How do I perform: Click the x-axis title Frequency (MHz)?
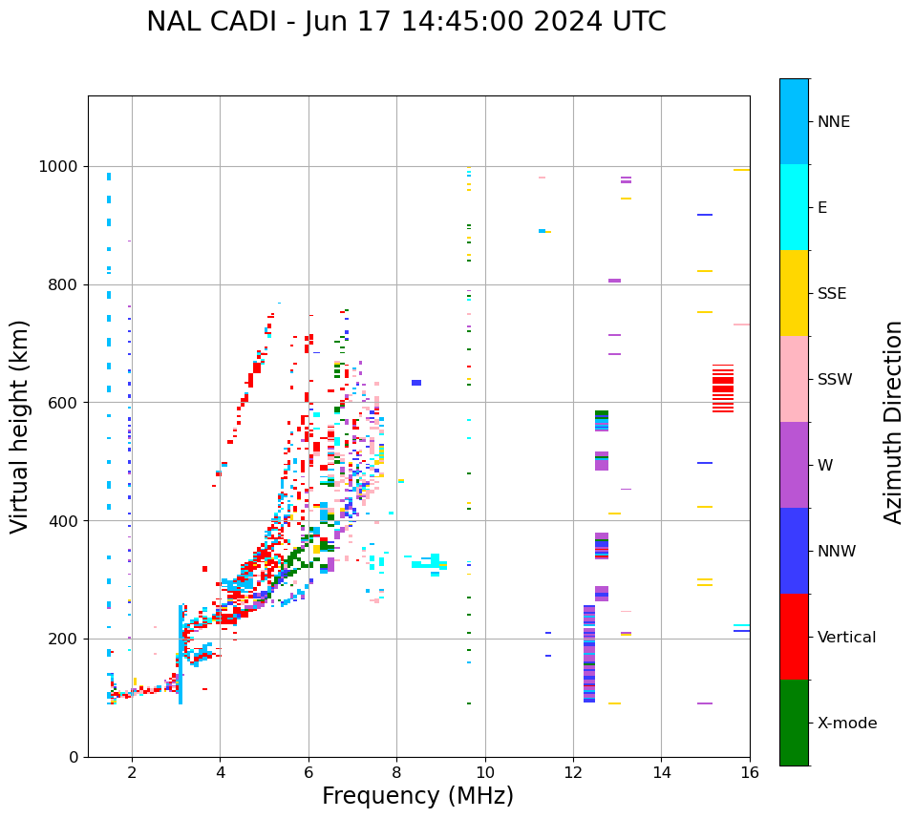(417, 796)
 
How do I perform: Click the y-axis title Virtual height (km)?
(20, 426)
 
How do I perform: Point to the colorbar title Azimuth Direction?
(893, 422)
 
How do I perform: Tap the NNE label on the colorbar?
(833, 122)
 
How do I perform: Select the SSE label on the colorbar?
(831, 294)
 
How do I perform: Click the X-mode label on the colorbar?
(847, 724)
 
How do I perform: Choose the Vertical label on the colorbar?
(846, 638)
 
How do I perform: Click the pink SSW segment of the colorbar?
(794, 379)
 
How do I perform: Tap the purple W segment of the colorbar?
(794, 465)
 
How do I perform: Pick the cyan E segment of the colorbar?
(794, 207)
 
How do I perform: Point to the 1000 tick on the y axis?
(60, 166)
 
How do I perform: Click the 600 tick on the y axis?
(64, 403)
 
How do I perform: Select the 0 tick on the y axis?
(73, 757)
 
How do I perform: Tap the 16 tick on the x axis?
(750, 773)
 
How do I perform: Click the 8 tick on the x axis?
(396, 773)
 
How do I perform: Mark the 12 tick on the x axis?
(573, 773)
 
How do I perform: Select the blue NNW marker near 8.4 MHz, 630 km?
(416, 383)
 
